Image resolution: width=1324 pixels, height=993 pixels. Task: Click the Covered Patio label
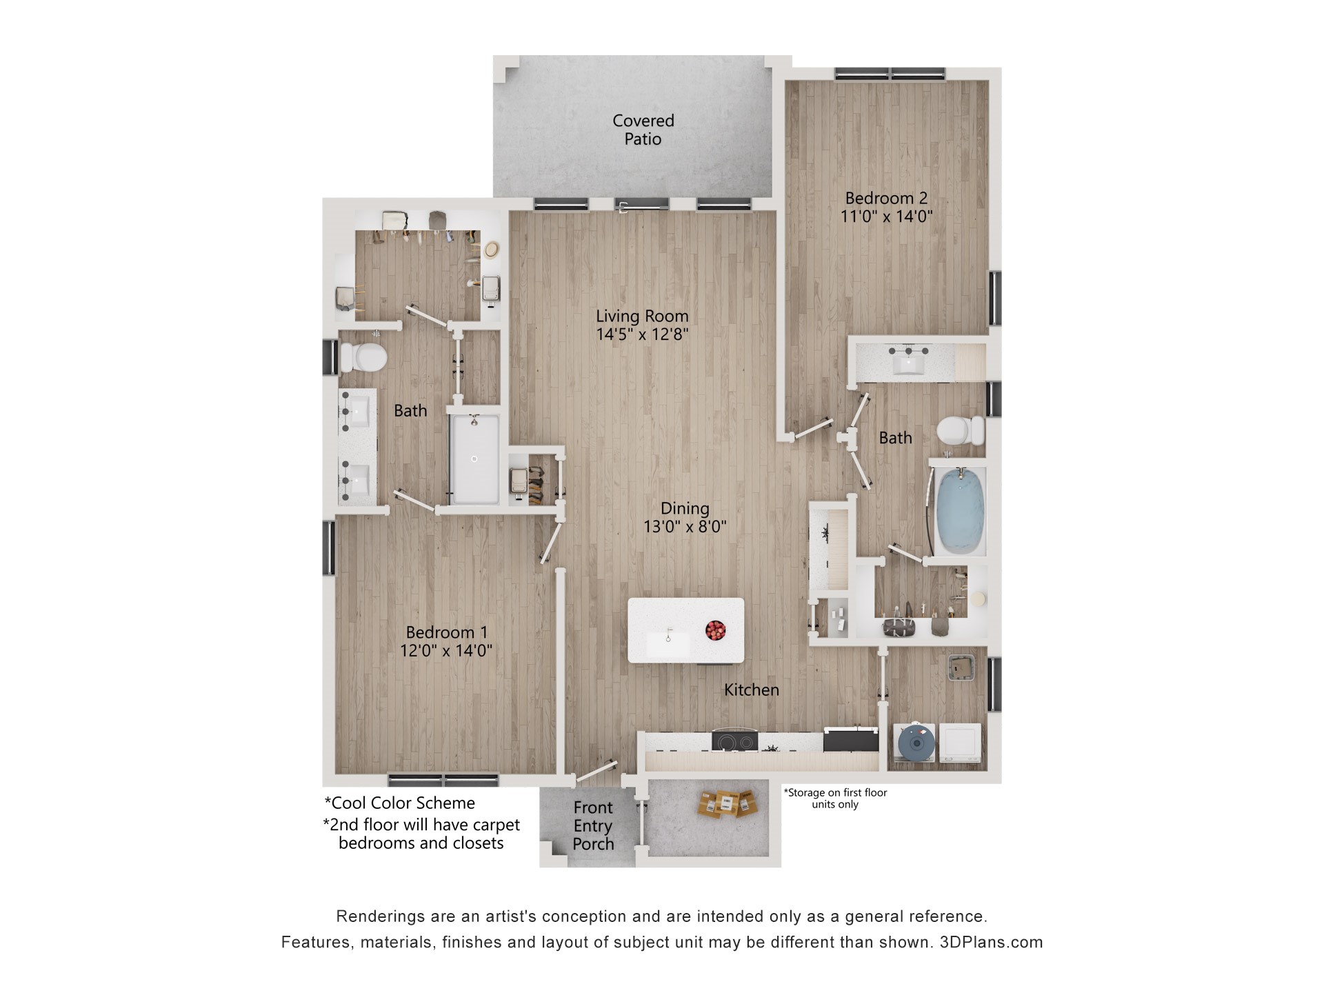[643, 130]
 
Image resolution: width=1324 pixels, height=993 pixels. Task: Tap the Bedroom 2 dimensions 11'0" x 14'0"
[886, 217]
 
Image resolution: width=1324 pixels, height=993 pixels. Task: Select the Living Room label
[642, 316]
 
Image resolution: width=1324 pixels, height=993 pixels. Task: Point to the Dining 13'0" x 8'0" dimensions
[685, 527]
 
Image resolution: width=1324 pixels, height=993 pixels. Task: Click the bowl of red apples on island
[715, 630]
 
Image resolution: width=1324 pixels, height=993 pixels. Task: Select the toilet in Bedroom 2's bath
[959, 431]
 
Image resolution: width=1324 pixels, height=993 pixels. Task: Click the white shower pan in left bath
[474, 459]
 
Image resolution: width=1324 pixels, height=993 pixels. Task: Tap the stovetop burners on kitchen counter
[734, 743]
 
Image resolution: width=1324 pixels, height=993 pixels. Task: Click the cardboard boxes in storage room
[727, 803]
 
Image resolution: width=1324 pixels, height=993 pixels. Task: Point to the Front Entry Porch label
[592, 825]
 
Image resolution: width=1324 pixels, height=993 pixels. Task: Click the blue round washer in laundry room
[916, 743]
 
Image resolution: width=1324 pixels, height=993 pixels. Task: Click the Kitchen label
[751, 690]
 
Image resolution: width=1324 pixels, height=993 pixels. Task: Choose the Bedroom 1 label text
[446, 632]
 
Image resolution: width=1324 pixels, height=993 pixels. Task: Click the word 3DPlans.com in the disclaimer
[991, 942]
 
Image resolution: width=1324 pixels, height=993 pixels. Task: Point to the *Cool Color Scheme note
[400, 803]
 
